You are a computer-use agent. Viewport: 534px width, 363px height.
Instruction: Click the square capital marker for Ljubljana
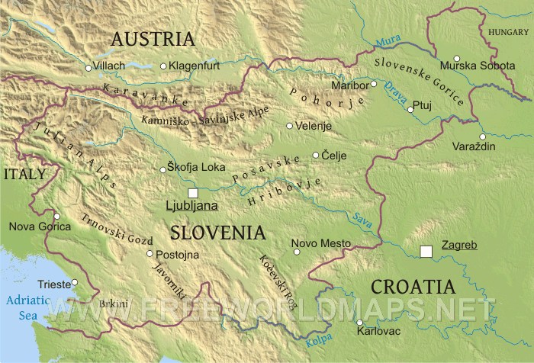[x=193, y=193]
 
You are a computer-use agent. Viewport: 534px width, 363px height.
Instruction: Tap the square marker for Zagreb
[x=426, y=250]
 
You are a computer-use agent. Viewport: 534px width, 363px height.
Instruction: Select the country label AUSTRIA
[x=152, y=39]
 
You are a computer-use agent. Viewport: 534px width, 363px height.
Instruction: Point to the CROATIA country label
[x=412, y=288]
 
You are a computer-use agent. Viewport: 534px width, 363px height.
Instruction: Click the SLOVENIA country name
[x=218, y=233]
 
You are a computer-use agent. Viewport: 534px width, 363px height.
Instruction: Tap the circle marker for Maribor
[x=375, y=84]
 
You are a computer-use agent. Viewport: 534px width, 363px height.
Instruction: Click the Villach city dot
[x=88, y=68]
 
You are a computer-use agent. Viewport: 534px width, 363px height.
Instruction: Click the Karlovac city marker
[x=359, y=323]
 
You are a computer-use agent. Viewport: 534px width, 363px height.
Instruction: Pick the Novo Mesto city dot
[x=297, y=250]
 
